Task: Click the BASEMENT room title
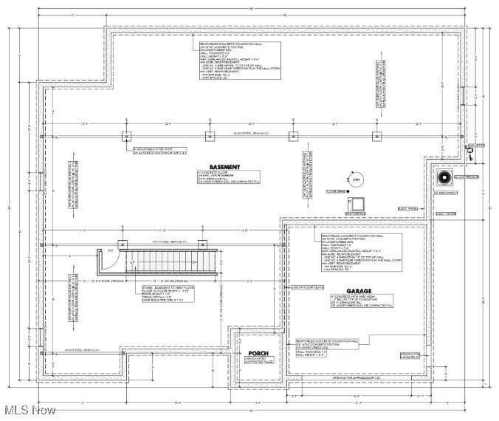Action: click(x=224, y=167)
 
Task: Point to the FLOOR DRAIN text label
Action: click(x=337, y=191)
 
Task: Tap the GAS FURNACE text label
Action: click(x=357, y=215)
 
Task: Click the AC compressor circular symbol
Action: click(x=445, y=179)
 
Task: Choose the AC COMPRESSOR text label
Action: click(x=467, y=177)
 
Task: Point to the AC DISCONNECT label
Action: click(x=467, y=193)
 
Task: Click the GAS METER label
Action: click(x=476, y=146)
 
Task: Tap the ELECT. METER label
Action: click(x=447, y=214)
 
